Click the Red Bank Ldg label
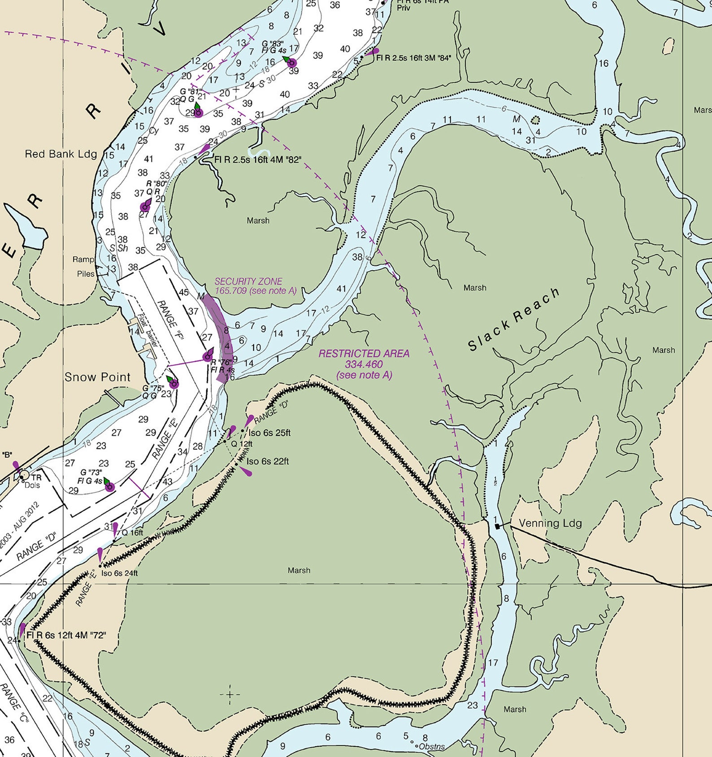(x=61, y=154)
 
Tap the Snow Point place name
(x=97, y=377)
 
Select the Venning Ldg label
(x=550, y=523)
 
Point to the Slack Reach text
(x=514, y=319)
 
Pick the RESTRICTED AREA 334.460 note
(x=364, y=364)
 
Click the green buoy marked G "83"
(x=291, y=62)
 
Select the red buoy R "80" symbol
(x=145, y=206)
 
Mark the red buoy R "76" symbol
(x=208, y=356)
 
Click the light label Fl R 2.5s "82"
(x=258, y=159)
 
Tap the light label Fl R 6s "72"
(x=66, y=635)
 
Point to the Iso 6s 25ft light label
(x=269, y=433)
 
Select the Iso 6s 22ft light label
(x=268, y=461)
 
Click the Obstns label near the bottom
(x=432, y=747)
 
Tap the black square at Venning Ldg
(x=497, y=526)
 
